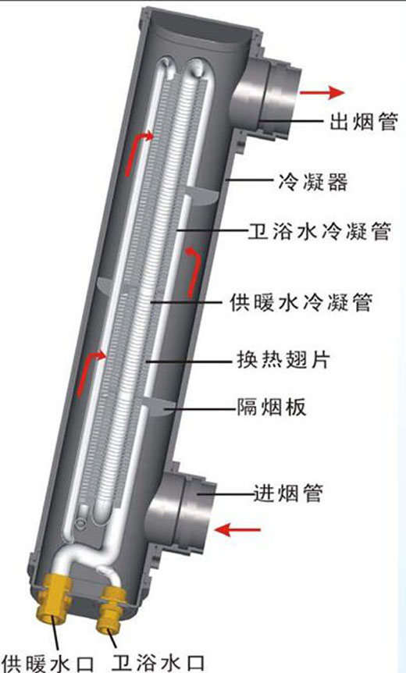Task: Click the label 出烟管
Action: (364, 122)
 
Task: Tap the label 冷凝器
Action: (313, 182)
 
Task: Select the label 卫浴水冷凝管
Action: (320, 231)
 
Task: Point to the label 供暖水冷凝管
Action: (301, 303)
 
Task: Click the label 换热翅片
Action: (283, 358)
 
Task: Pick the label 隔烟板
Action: (272, 406)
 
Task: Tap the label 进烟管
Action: (287, 493)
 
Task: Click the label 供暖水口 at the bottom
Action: (48, 662)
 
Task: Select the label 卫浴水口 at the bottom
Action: (158, 662)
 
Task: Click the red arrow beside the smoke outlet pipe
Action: (322, 92)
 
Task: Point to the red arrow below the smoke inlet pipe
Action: (237, 530)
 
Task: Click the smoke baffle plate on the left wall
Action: (106, 284)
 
